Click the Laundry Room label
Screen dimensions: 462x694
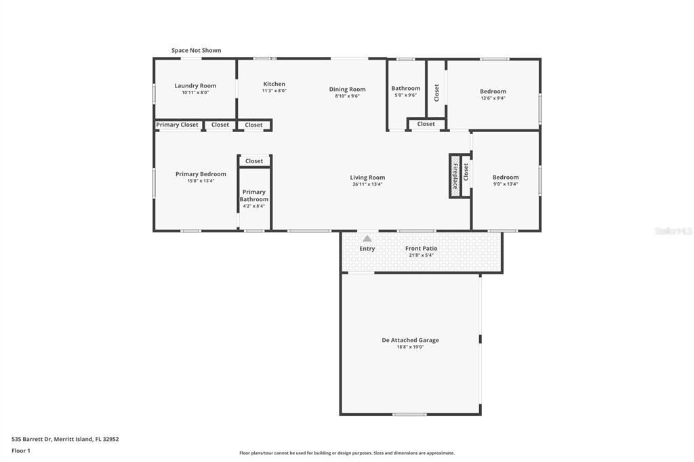195,85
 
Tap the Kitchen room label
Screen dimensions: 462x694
274,84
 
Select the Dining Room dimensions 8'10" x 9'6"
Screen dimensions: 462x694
347,96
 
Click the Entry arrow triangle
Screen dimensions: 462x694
367,238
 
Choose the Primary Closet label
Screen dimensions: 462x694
178,125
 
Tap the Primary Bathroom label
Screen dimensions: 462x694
254,195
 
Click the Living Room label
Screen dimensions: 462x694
367,177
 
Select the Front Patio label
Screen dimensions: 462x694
421,249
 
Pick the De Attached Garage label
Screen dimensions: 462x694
410,340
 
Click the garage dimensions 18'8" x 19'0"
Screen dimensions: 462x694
410,347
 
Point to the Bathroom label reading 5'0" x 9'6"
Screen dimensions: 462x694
405,88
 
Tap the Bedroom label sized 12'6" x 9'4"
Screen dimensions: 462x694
493,91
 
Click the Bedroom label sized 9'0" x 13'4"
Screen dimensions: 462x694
506,177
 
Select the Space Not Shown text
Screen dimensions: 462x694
196,50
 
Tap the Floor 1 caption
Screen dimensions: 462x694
21,450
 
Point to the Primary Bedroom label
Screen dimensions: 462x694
201,174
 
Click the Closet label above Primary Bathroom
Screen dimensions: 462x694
254,161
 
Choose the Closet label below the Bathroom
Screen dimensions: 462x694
426,124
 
